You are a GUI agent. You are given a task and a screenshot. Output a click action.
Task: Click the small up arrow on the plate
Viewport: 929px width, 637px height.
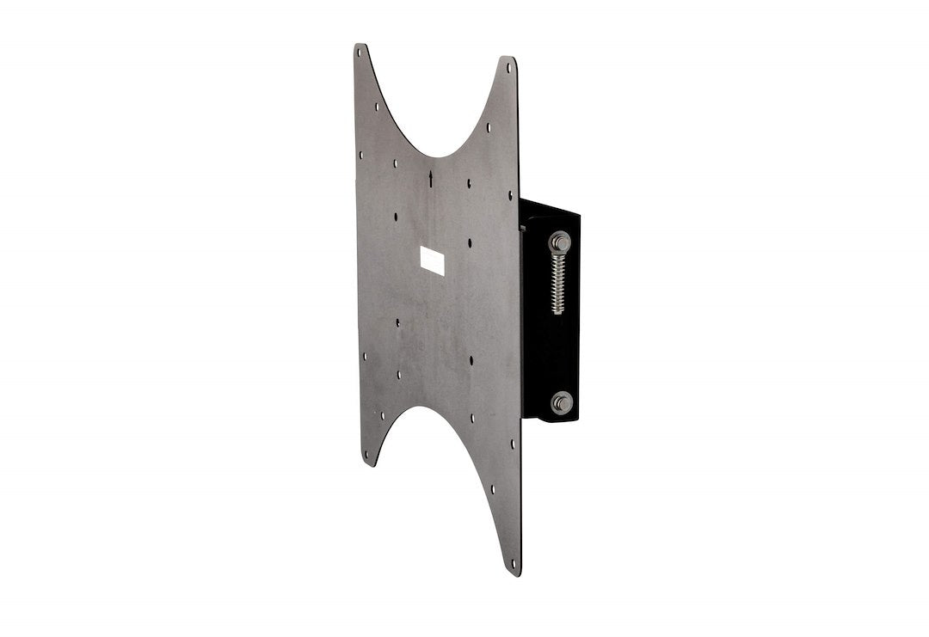pyautogui.click(x=430, y=179)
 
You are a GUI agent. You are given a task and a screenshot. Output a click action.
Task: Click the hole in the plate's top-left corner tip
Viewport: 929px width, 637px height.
pyautogui.click(x=360, y=52)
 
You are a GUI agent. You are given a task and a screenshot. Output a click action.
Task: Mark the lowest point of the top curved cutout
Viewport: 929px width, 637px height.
pyautogui.click(x=433, y=156)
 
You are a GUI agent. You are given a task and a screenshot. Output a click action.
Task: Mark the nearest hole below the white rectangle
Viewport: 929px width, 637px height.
pyautogui.click(x=398, y=322)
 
